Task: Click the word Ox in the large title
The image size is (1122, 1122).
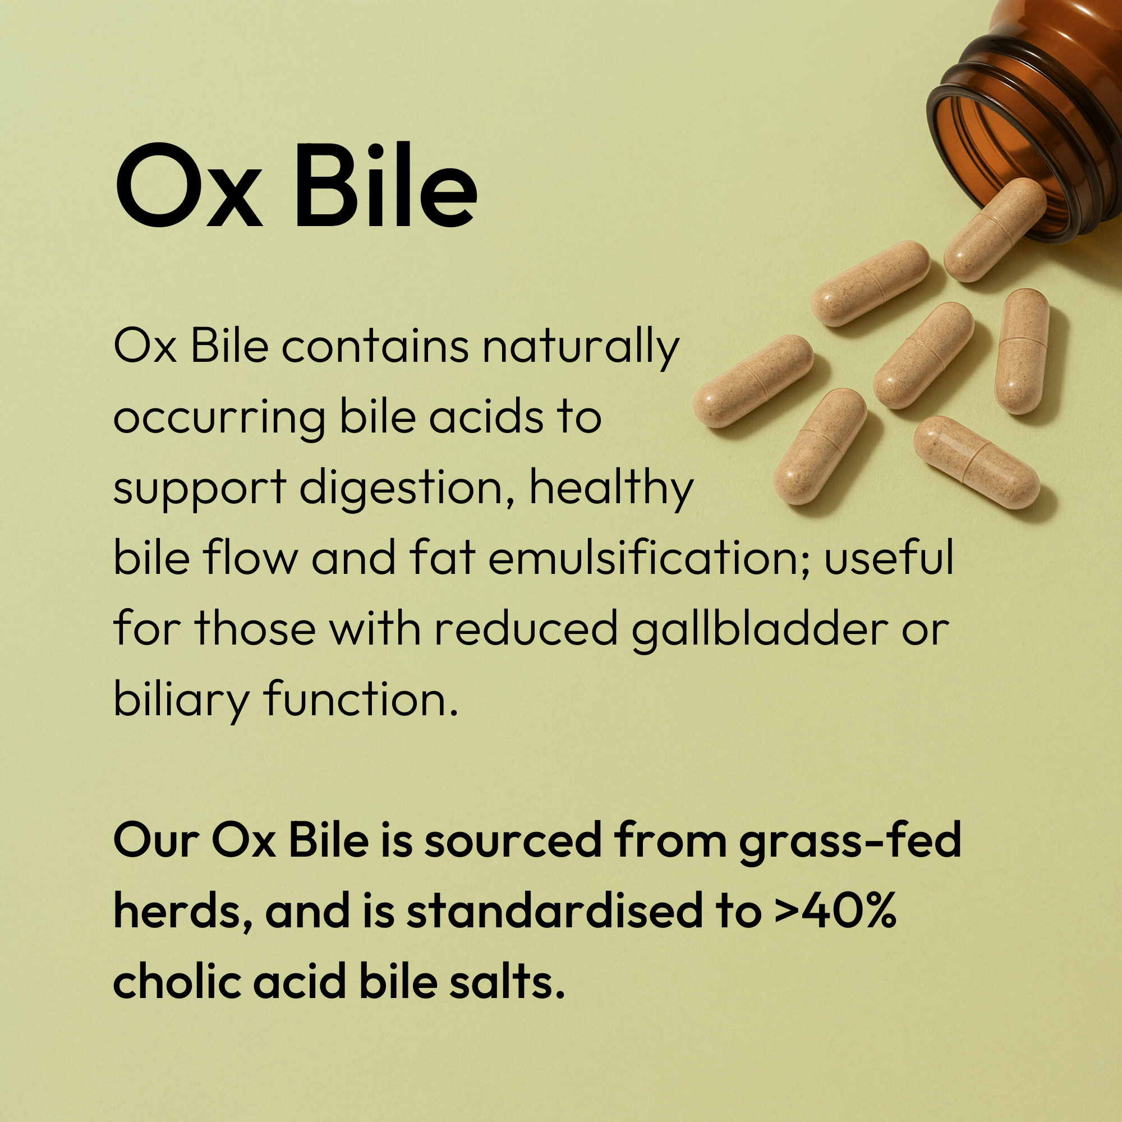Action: point(188,185)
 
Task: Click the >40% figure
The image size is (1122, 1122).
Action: point(836,911)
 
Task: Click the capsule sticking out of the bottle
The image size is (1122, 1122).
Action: point(995,230)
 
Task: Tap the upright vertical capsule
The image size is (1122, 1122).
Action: point(1022,351)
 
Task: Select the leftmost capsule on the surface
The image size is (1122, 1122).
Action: point(753,381)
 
